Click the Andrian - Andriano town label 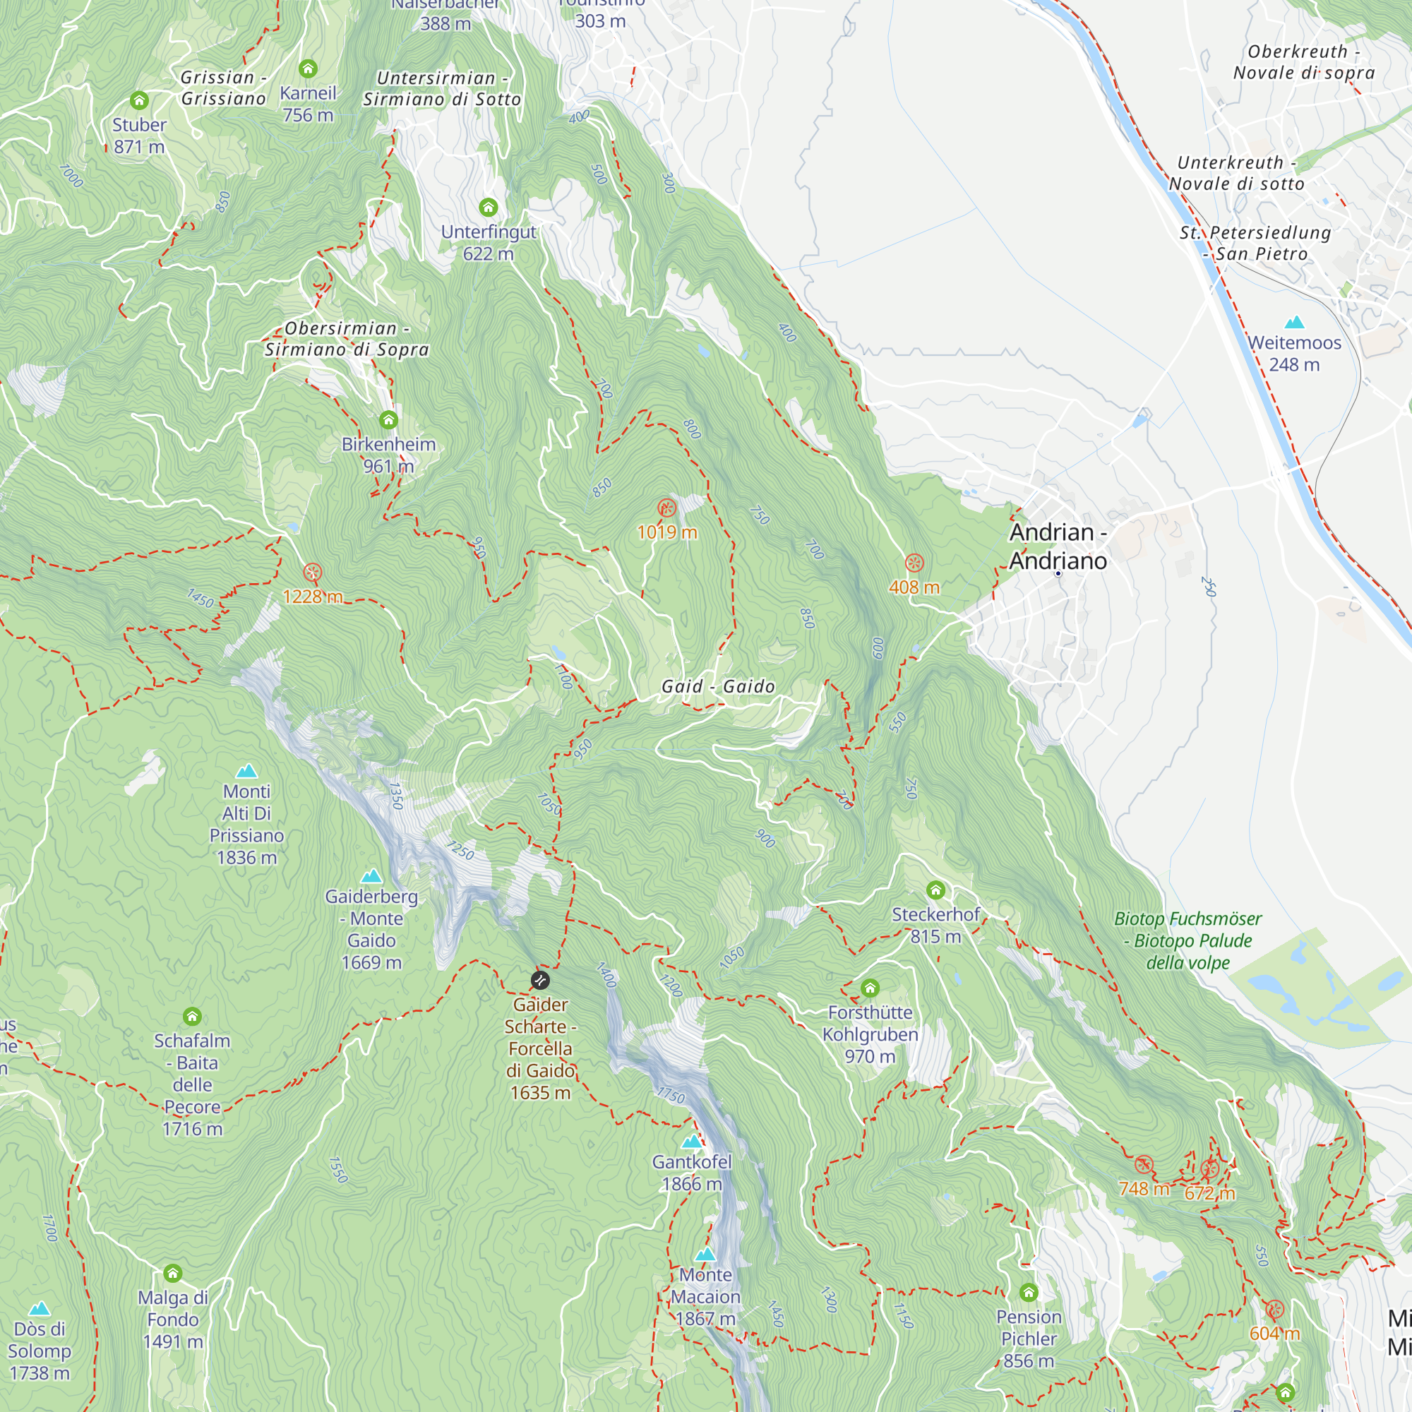pos(1058,546)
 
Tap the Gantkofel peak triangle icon pos(691,1142)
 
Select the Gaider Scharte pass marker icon pos(540,980)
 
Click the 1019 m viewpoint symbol pos(666,508)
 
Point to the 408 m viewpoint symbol pos(914,563)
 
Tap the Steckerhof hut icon pos(935,890)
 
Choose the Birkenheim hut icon pos(389,420)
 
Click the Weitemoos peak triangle pos(1294,321)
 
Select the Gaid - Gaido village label pos(718,686)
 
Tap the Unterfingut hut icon pos(489,208)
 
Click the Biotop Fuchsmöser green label pos(1187,940)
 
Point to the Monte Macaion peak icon pos(705,1255)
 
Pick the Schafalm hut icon pos(192,1017)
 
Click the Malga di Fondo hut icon pos(173,1274)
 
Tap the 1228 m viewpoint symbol pos(313,573)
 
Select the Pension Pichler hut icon pos(1029,1293)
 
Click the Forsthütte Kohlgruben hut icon pos(870,989)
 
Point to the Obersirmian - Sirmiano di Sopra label pos(347,339)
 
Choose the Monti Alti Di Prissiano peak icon pos(247,771)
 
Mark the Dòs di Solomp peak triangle pos(40,1308)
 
